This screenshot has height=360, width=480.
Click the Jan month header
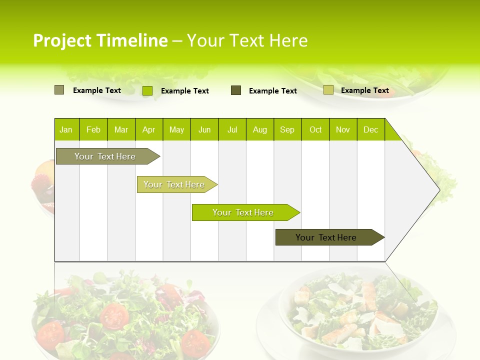(66, 130)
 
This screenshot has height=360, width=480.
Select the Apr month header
(149, 130)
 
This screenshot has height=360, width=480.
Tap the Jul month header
(232, 130)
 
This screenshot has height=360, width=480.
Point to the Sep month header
(287, 130)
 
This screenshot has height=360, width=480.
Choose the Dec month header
(370, 130)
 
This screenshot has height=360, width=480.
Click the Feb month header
(93, 130)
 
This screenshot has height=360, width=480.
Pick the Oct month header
(315, 130)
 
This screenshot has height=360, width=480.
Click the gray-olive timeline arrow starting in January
(105, 156)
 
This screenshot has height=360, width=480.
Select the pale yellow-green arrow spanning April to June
(174, 184)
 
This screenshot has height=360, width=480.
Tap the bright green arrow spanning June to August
(243, 212)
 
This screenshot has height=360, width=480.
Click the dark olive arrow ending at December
(326, 237)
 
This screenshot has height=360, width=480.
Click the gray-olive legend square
(59, 90)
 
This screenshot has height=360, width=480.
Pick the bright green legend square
(147, 90)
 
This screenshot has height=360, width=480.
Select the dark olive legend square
(236, 90)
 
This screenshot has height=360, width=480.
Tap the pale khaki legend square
(328, 90)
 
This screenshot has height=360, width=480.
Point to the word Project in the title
(62, 40)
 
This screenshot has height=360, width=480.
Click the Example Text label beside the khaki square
(364, 90)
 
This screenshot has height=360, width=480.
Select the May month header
(176, 130)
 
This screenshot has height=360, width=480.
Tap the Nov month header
(343, 130)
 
